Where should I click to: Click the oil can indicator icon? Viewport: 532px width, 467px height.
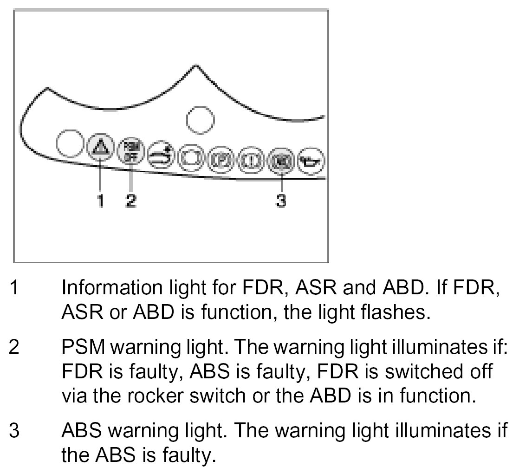[310, 162]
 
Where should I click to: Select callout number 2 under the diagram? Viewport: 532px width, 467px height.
[131, 201]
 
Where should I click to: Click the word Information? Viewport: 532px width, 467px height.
[101, 288]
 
